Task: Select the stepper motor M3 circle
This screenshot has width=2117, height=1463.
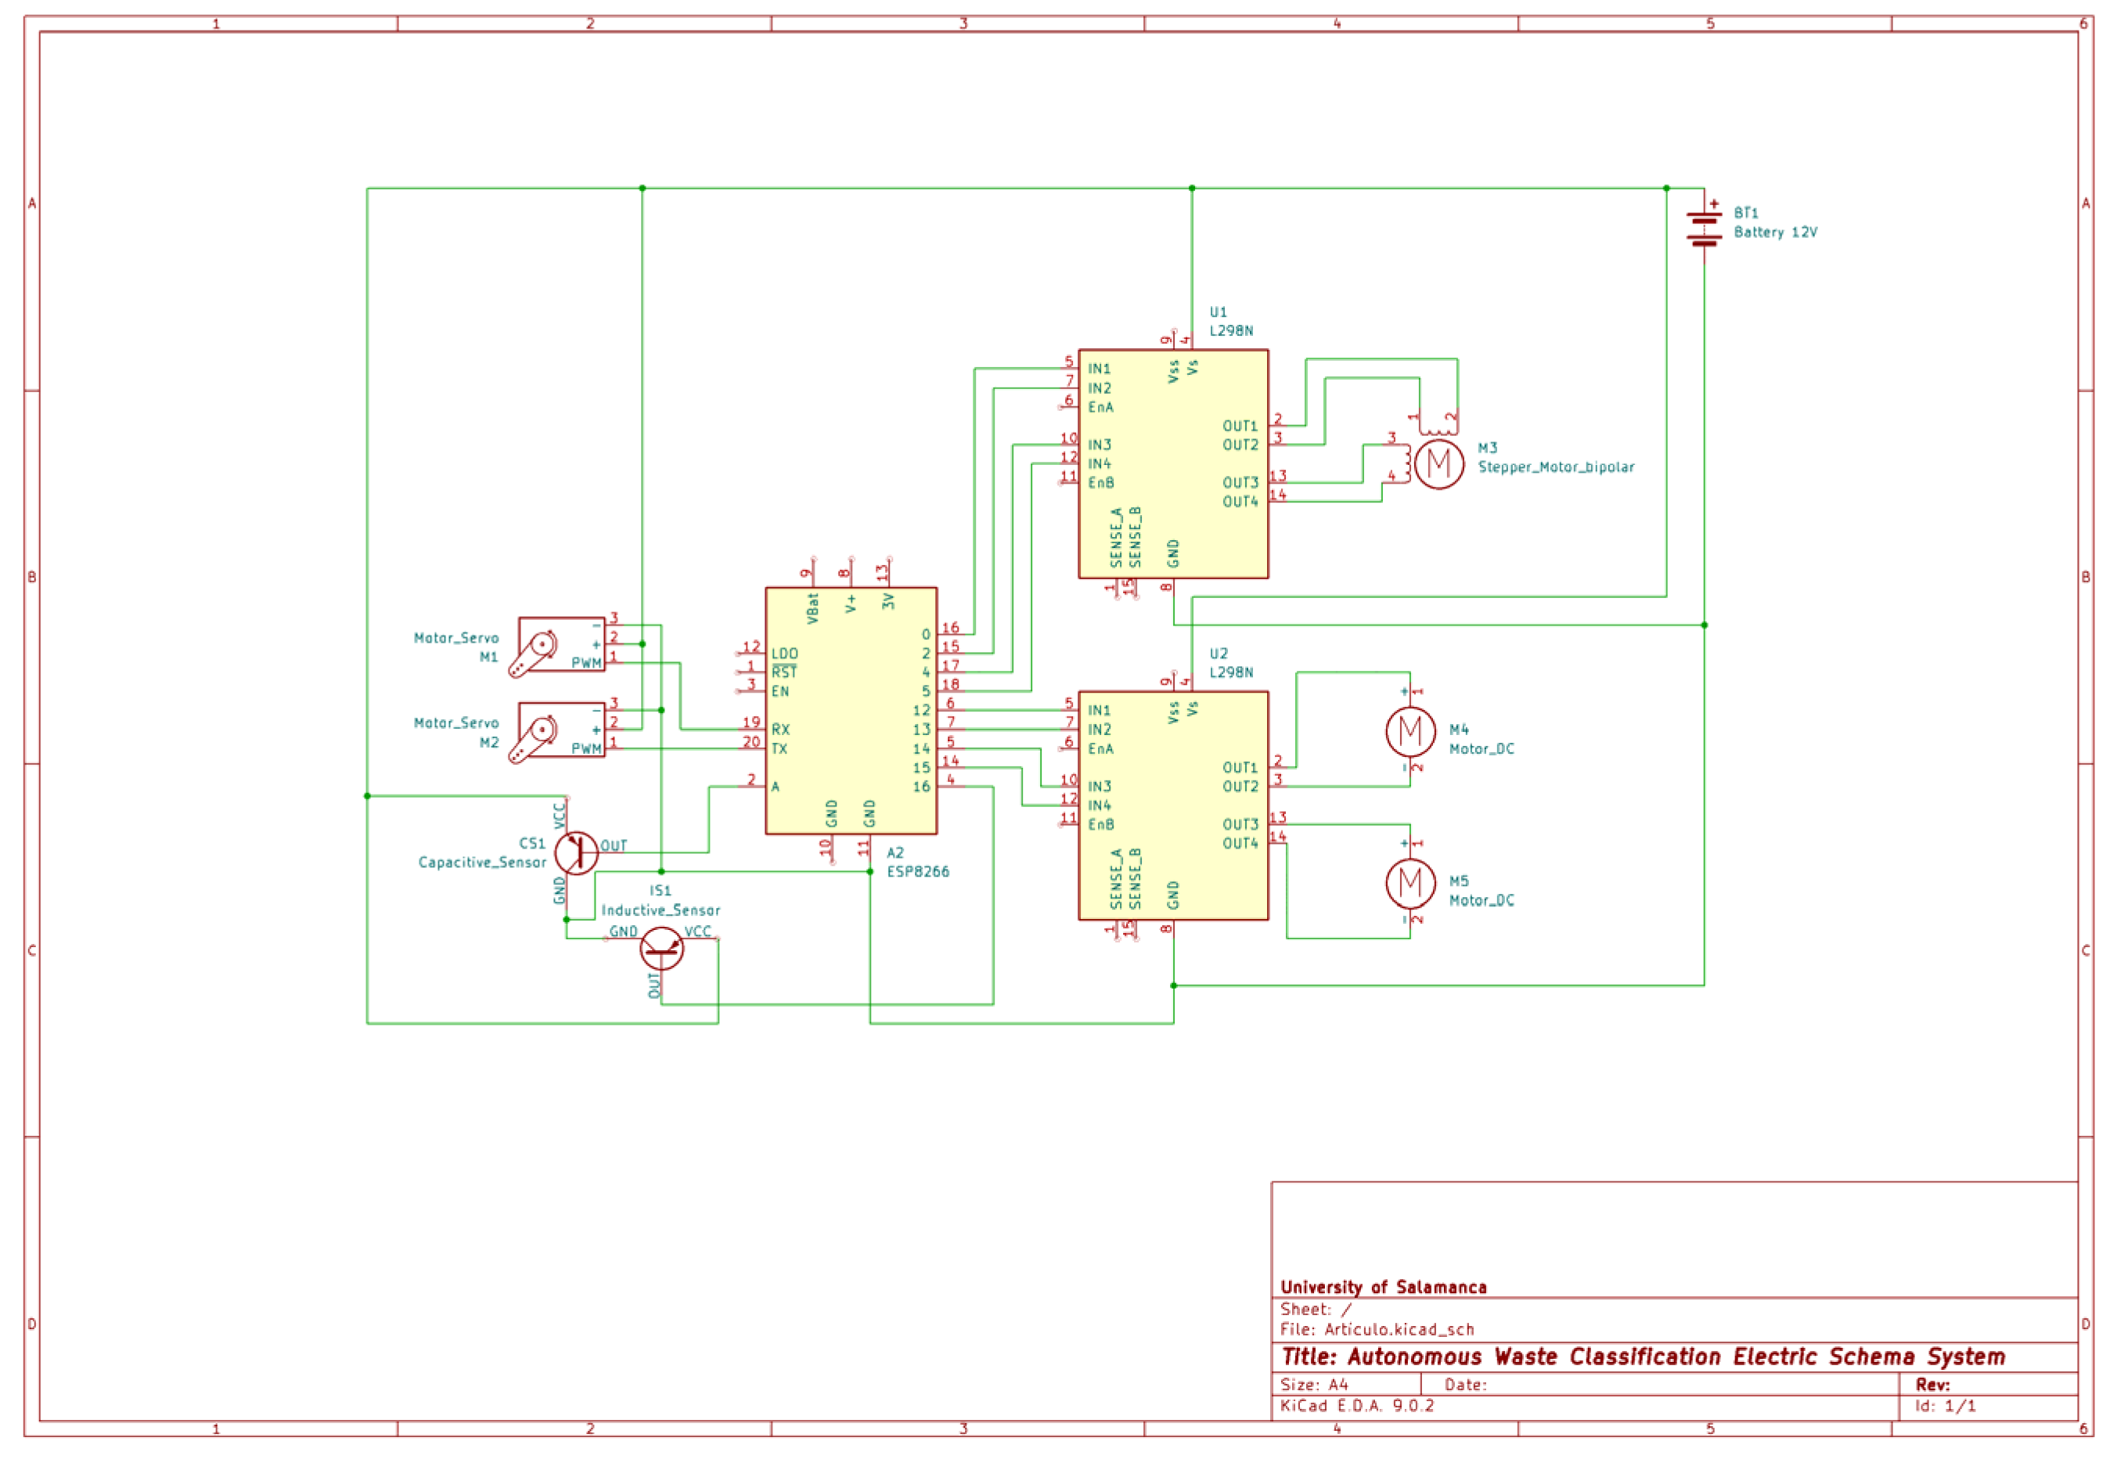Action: coord(1438,464)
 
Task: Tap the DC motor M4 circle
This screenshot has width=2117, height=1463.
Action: coord(1410,731)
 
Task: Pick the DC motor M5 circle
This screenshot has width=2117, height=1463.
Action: coord(1410,883)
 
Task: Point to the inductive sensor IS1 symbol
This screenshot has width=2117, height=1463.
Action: coord(661,948)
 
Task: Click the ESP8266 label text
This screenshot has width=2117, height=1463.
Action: coord(917,872)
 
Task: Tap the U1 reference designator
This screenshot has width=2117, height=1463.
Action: coord(1217,312)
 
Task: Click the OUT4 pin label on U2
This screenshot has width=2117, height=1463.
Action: coord(1240,843)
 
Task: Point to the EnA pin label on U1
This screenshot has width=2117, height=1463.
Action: coord(1100,407)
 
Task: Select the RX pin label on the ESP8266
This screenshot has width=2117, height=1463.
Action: coord(780,730)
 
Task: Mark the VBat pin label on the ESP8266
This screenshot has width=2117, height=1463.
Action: coord(813,610)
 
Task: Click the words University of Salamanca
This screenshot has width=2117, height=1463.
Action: coord(1383,1287)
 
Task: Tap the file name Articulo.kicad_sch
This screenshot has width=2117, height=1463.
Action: coord(1399,1329)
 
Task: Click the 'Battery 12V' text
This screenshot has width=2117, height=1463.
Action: coord(1774,232)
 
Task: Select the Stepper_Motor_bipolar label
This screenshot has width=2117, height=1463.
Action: coord(1555,467)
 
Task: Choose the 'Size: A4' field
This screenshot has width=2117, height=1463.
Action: coord(1314,1384)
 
